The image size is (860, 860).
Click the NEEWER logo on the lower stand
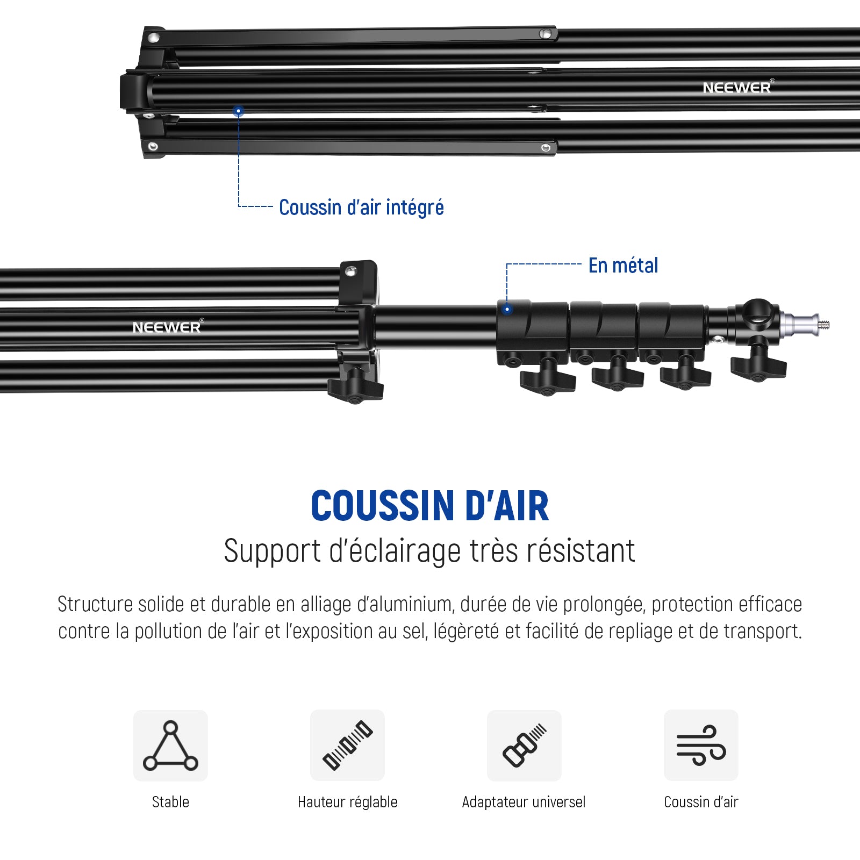[168, 327]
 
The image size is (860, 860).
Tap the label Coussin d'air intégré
[361, 207]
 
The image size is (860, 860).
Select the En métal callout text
[623, 266]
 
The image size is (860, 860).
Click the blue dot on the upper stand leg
[239, 111]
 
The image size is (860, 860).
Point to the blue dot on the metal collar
[507, 309]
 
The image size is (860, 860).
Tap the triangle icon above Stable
[170, 746]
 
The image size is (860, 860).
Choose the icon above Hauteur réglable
[347, 746]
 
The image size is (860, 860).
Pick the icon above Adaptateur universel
[524, 746]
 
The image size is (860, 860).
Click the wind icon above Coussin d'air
[701, 746]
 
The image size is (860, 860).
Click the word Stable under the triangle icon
[170, 802]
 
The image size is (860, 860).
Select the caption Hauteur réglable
[347, 802]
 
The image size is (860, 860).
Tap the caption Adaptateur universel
[524, 802]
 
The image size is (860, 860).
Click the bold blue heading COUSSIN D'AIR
[430, 506]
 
